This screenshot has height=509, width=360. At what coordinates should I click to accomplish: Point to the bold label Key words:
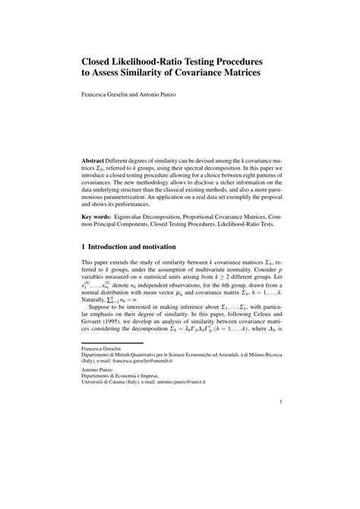pos(100,217)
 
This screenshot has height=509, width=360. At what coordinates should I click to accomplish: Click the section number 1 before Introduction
pos(84,248)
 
